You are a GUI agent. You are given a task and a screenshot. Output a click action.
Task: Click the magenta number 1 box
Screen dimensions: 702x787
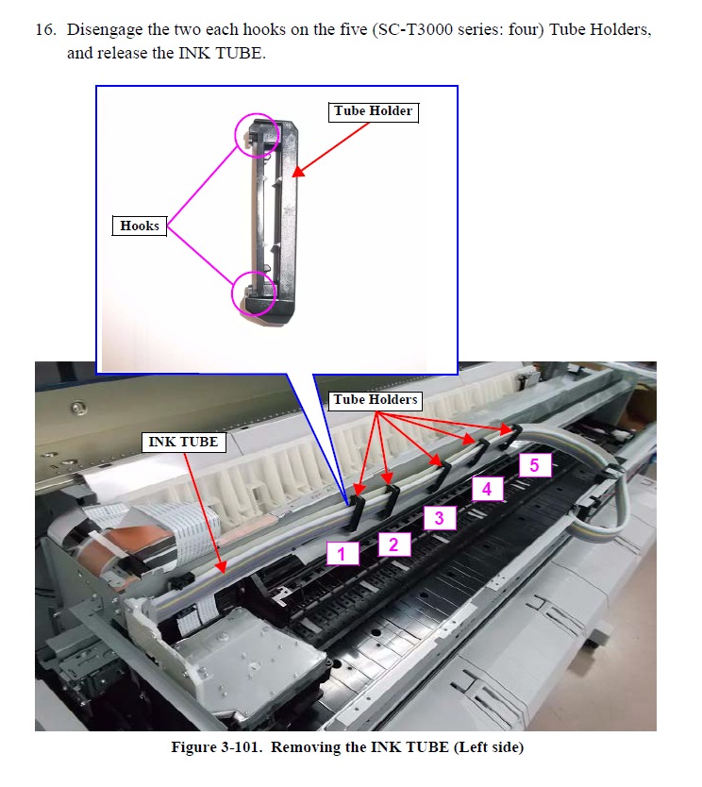(343, 553)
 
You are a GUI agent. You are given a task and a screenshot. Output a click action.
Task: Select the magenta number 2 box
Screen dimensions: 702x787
(394, 544)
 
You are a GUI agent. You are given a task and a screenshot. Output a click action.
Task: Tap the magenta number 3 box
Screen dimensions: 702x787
(440, 518)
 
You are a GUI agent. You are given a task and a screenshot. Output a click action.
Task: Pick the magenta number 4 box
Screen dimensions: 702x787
(487, 489)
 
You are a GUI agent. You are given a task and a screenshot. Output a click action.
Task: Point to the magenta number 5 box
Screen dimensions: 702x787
(535, 465)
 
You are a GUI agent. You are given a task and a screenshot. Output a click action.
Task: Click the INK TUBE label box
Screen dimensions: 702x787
(184, 443)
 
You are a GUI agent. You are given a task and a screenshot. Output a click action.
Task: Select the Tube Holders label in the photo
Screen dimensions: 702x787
(376, 400)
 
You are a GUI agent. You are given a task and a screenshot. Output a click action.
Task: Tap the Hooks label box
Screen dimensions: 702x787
(140, 226)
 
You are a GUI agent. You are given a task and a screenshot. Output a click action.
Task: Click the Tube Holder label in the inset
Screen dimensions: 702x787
(374, 111)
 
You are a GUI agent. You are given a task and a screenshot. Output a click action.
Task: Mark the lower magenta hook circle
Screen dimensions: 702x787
(232, 293)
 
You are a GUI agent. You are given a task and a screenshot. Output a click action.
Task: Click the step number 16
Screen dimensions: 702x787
(45, 29)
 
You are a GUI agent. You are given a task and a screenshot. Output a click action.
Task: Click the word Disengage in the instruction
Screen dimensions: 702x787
(105, 30)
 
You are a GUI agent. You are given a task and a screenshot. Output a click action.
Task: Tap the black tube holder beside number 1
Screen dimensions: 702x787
(357, 512)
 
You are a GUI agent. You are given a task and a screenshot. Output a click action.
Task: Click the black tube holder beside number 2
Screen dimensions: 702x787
(391, 500)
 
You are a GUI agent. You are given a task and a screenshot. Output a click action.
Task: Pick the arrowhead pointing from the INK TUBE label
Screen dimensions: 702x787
(222, 568)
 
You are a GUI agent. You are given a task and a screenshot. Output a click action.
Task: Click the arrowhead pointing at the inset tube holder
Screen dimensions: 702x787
(298, 172)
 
